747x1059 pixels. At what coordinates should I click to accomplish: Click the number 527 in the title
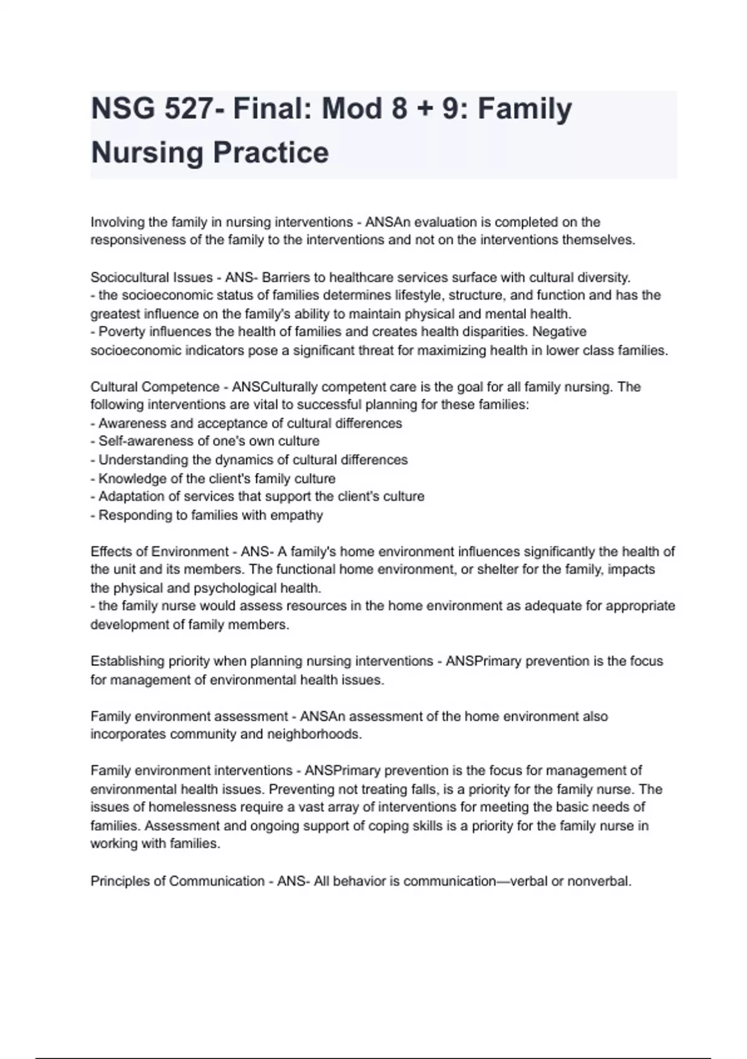tap(188, 109)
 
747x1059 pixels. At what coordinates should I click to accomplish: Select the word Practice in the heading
tap(271, 153)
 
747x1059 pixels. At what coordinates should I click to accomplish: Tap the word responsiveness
tap(138, 240)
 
